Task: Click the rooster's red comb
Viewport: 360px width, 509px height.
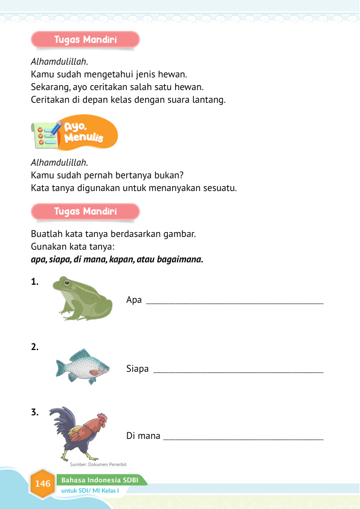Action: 101,417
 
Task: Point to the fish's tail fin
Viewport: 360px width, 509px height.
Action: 60,368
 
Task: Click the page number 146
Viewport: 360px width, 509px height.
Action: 43,484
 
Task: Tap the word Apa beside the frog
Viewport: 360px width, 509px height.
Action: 133,300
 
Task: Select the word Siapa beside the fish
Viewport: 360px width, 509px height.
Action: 138,368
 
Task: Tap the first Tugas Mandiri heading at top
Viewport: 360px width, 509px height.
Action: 85,41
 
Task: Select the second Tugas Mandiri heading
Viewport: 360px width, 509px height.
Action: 85,212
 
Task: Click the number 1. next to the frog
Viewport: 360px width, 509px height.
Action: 35,281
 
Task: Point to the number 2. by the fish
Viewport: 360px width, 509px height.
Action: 35,347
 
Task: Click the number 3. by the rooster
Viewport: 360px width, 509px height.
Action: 35,413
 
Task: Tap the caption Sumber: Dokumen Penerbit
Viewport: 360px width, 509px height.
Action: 93,464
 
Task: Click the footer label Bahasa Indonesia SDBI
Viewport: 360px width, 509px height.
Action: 100,479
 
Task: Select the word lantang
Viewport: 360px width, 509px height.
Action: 209,100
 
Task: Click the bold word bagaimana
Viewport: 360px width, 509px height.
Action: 181,260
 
